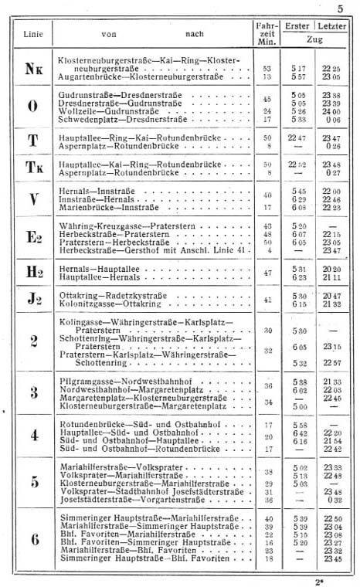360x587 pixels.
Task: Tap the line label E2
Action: point(32,237)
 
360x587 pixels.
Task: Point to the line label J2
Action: point(32,298)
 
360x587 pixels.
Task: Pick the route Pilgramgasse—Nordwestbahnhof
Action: point(111,382)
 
